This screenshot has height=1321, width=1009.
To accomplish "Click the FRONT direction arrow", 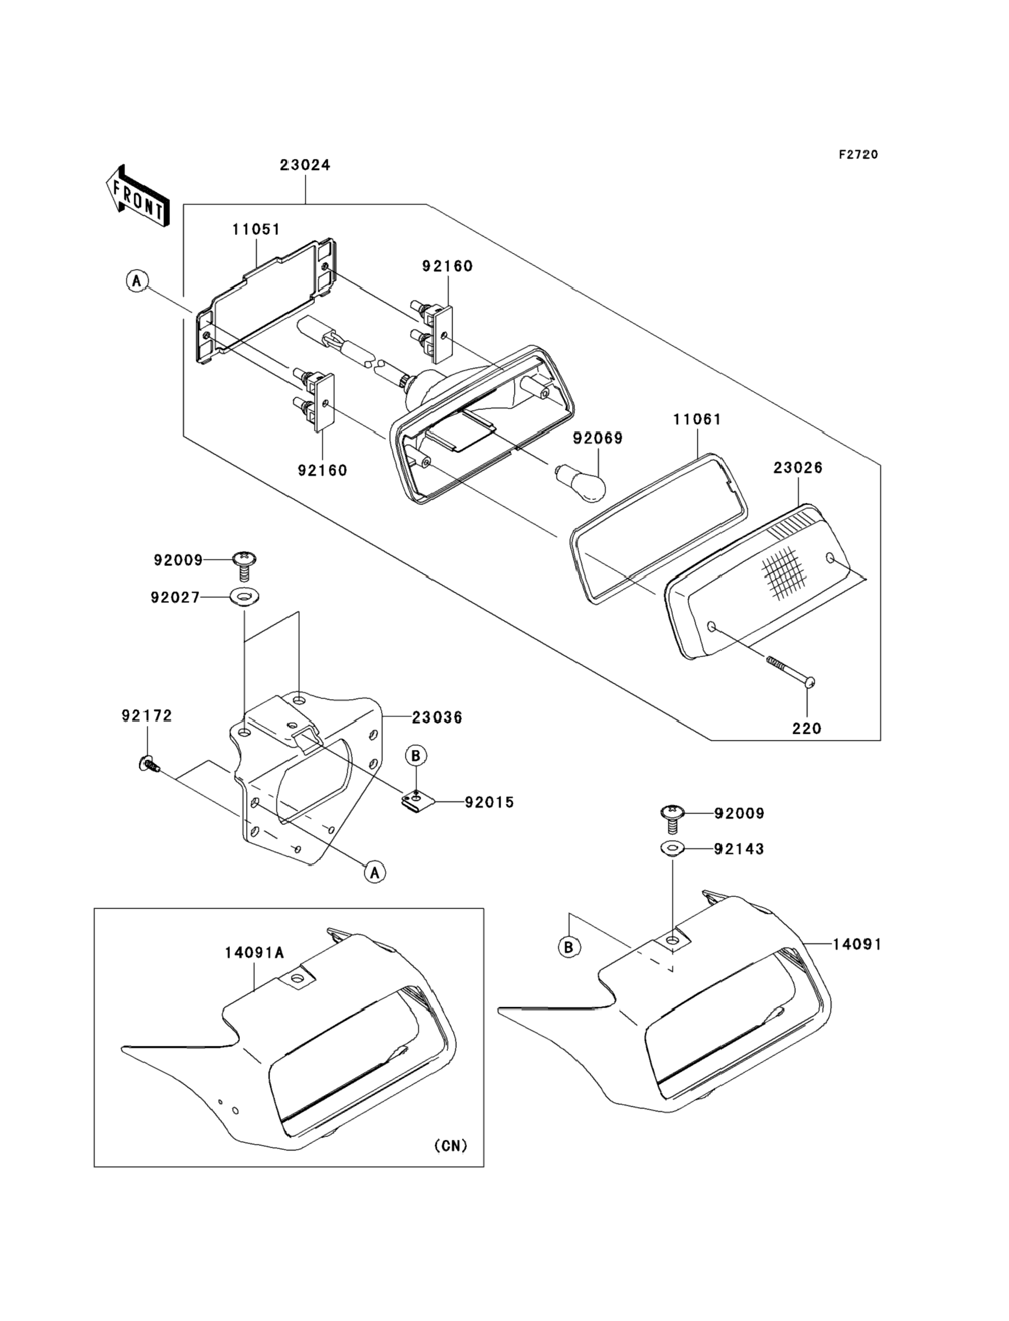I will (136, 196).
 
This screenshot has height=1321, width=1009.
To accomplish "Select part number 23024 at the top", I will (304, 165).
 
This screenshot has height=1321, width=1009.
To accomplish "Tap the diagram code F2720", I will (858, 155).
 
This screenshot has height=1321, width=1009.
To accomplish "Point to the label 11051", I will (257, 229).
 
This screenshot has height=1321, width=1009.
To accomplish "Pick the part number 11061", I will (697, 419).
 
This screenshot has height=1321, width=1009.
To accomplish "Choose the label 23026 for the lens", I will (798, 468).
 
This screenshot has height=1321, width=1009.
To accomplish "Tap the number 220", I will (806, 729).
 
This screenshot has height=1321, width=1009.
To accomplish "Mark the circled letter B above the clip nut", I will (416, 756).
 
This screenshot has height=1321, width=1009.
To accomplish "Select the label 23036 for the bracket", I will (437, 718).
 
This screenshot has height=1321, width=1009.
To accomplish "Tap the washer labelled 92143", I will (672, 849).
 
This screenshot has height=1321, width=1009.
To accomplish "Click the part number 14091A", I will (254, 953).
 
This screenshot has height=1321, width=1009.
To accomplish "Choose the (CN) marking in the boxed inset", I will (450, 1145).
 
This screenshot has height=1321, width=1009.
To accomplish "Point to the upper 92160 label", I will (447, 266).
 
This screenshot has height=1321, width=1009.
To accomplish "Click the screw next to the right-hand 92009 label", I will (672, 817).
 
